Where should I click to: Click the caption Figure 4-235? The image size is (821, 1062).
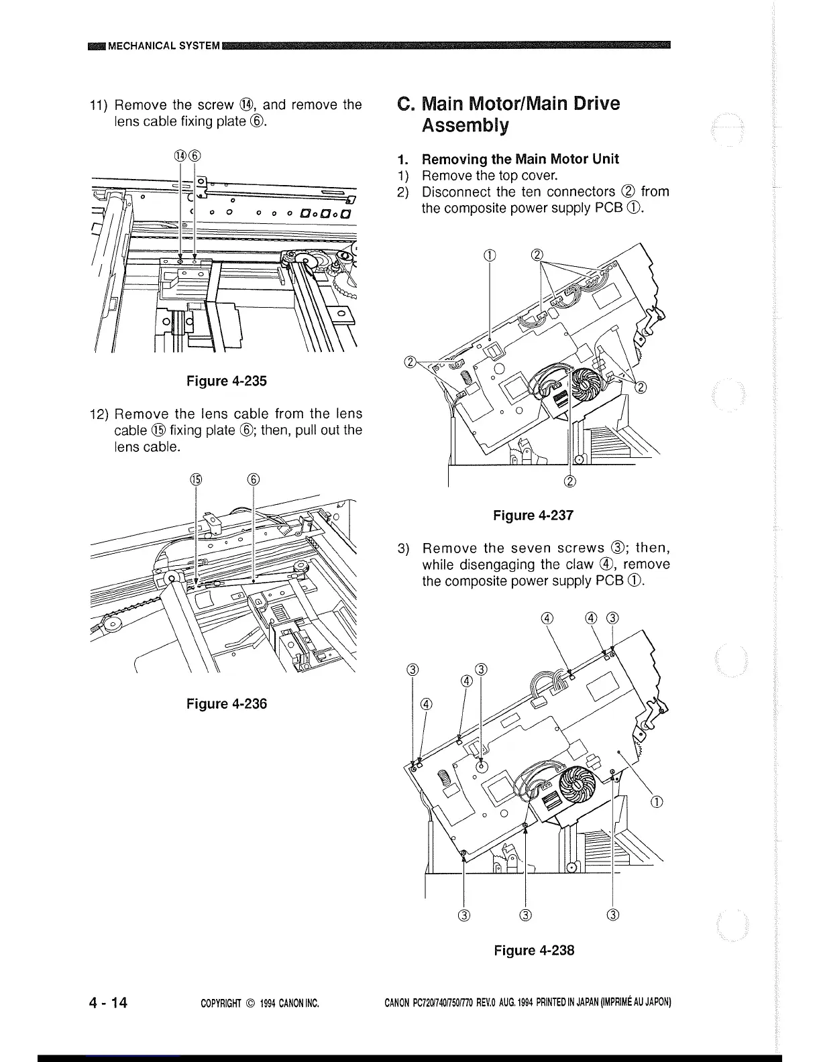[226, 381]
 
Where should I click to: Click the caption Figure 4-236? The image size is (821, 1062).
[226, 704]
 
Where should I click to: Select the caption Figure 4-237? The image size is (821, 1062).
[533, 516]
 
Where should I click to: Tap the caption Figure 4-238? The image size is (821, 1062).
[534, 951]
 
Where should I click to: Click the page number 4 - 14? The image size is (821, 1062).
[108, 1003]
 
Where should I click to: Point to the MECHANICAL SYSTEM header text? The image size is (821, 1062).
[164, 46]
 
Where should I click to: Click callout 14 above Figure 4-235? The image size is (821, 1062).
[180, 156]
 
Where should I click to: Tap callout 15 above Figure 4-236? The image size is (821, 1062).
[195, 479]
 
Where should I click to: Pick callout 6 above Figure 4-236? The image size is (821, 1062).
[253, 479]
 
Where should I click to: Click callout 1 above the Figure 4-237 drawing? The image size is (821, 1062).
[491, 255]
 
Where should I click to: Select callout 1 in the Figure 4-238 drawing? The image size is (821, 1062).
[657, 803]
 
